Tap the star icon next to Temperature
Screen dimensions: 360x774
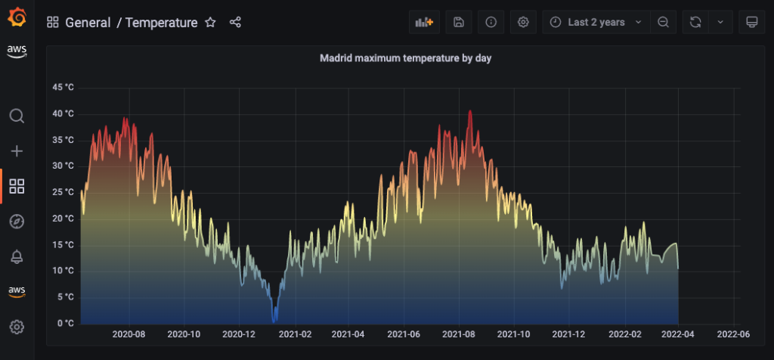tap(211, 23)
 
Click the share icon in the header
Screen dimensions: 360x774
tap(235, 23)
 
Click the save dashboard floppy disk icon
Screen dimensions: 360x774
tap(458, 23)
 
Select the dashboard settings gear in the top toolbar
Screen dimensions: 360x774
tap(523, 23)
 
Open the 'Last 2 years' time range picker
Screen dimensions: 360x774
tap(596, 23)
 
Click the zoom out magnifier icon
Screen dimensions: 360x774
tap(663, 23)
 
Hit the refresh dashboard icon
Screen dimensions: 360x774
tap(695, 23)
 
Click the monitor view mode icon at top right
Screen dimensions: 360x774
tap(751, 23)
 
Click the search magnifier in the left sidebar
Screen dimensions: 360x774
tap(17, 116)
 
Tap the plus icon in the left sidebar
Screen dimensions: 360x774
tap(17, 151)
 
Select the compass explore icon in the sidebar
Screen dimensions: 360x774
tap(17, 221)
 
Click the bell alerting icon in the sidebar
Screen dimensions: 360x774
tap(17, 256)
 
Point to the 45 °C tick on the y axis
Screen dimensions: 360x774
tap(63, 88)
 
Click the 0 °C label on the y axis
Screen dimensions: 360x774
tap(66, 323)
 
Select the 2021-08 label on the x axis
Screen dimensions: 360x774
tap(459, 334)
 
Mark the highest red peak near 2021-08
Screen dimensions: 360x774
tap(470, 111)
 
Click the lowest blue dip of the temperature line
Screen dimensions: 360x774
tap(274, 320)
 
